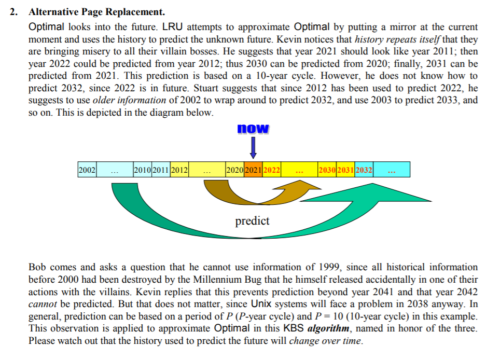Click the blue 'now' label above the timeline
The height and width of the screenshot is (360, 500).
coord(253,128)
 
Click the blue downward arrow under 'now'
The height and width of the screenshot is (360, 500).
coord(253,147)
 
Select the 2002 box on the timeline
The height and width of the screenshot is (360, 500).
coord(87,169)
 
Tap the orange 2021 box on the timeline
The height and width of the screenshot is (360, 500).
coord(253,169)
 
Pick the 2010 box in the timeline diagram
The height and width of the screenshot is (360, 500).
coord(142,169)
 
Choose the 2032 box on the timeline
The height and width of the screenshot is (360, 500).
coord(364,169)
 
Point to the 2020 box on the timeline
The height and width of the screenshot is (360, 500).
coord(235,169)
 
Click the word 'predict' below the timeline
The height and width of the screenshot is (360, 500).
coord(253,221)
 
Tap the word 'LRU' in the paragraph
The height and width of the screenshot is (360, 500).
coord(173,26)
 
